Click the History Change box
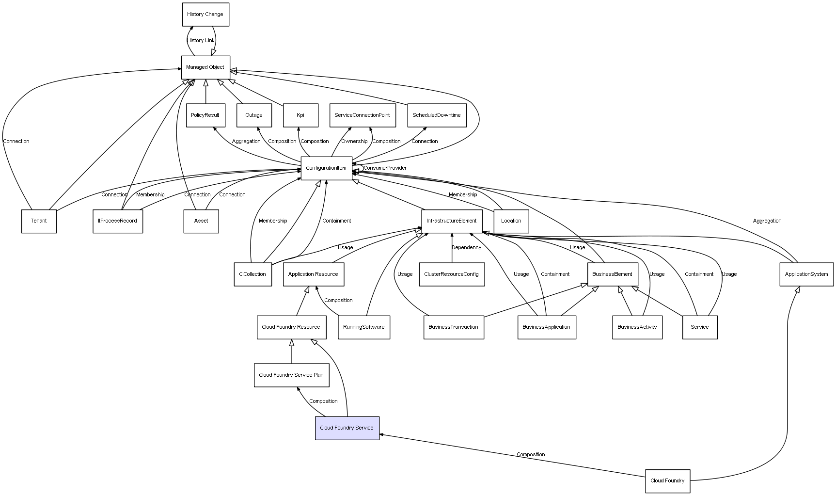[x=205, y=15]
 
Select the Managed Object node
[x=205, y=67]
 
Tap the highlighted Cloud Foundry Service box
[x=347, y=428]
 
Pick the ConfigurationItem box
[x=326, y=168]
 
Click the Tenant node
[x=39, y=221]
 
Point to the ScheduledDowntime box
[x=437, y=115]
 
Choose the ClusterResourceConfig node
[x=452, y=274]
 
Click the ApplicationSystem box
[x=806, y=274]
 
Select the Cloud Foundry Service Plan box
[x=291, y=375]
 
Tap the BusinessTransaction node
[x=454, y=327]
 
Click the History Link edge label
[x=201, y=41]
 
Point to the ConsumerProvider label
[x=385, y=168]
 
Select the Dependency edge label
[x=466, y=248]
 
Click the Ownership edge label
[x=354, y=142]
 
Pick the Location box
[x=511, y=221]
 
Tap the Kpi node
[x=300, y=115]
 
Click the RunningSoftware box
[x=364, y=327]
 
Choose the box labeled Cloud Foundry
[x=667, y=481]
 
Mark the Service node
[x=700, y=327]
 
